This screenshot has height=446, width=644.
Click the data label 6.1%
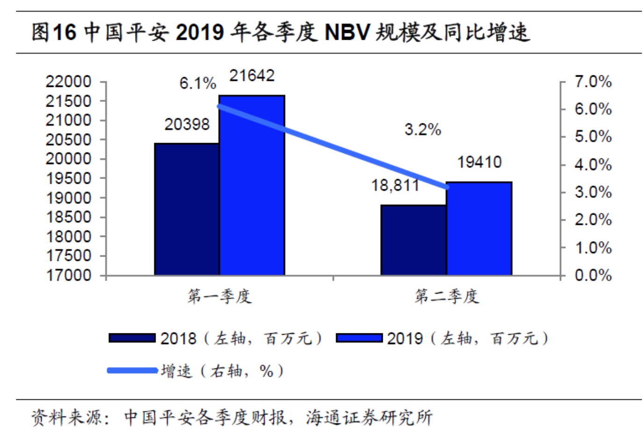point(198,84)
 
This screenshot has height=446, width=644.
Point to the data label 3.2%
point(422,129)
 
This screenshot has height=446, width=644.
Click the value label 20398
point(187,124)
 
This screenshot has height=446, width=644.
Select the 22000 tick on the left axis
point(68,82)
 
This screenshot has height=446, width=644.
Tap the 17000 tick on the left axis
point(68,275)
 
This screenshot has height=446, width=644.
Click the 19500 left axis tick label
point(68,178)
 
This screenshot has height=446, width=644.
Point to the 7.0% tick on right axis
point(593,82)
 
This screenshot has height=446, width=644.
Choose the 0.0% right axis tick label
point(593,275)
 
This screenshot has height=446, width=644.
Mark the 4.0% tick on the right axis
point(593,165)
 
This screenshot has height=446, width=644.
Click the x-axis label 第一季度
point(219,296)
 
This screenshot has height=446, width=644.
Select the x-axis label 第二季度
point(446,296)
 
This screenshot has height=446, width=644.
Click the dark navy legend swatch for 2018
point(132,338)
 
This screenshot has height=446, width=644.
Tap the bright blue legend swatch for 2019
point(359,338)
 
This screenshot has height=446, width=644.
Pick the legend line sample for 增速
point(132,371)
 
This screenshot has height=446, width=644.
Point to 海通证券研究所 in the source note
point(369,417)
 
